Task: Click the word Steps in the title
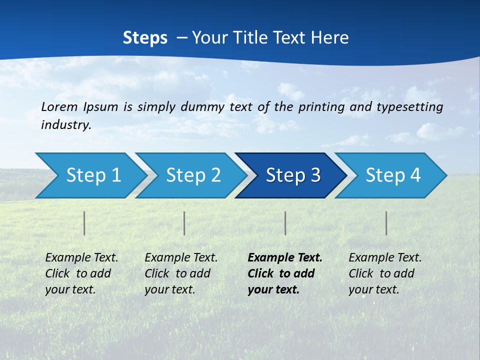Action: pyautogui.click(x=145, y=37)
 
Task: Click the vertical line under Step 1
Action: pyautogui.click(x=84, y=223)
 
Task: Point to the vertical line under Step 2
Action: pyautogui.click(x=184, y=223)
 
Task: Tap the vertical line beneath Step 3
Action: pyautogui.click(x=285, y=223)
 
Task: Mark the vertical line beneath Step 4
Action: pyautogui.click(x=386, y=223)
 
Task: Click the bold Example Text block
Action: pyautogui.click(x=285, y=273)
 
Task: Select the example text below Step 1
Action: pyautogui.click(x=81, y=273)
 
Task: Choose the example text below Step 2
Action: pyautogui.click(x=181, y=273)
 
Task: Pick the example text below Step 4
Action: pyautogui.click(x=385, y=273)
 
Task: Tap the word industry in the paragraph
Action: pyautogui.click(x=66, y=125)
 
